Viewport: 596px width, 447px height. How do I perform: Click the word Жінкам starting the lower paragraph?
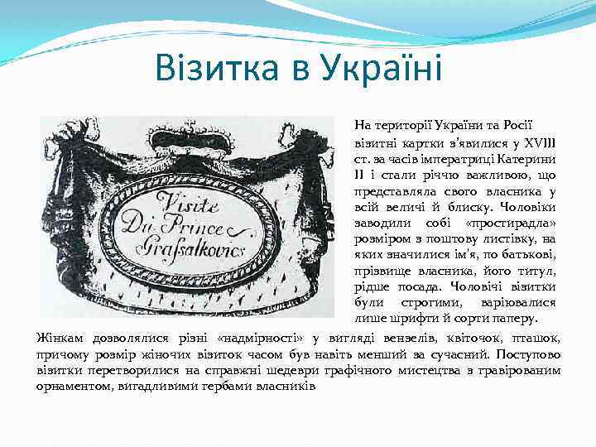pos(60,337)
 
